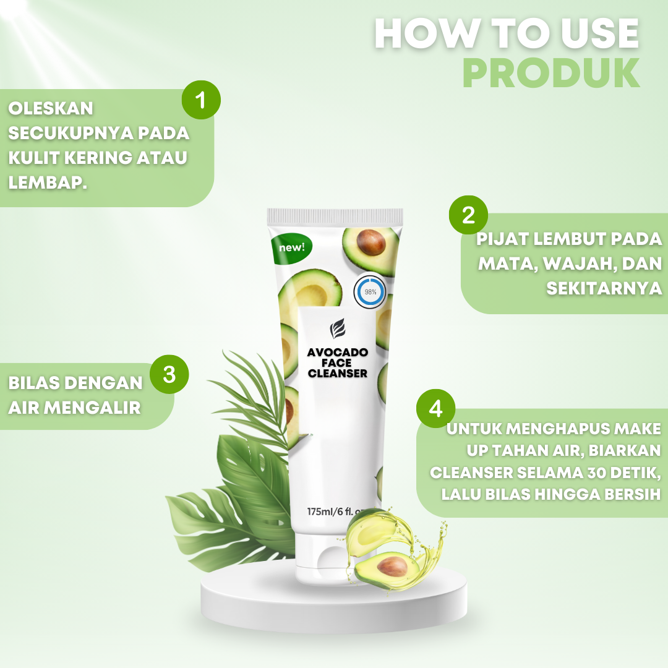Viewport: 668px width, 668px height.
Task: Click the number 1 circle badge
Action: click(200, 100)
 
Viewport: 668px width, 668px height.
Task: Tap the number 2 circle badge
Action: click(468, 215)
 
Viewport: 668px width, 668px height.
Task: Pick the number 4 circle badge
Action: click(435, 409)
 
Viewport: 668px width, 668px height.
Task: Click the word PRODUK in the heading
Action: click(550, 74)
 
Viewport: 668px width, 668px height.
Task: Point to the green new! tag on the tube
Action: click(291, 247)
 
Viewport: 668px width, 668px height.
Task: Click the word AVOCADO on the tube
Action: click(338, 352)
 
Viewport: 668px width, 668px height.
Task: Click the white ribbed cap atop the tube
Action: click(335, 216)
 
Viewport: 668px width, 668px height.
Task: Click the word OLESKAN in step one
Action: click(51, 108)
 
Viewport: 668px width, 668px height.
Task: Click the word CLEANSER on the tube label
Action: click(338, 373)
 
